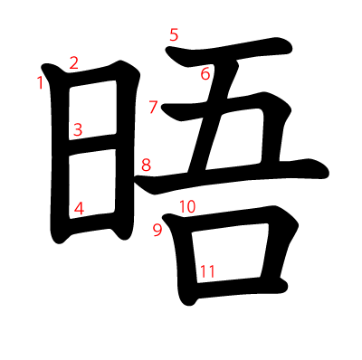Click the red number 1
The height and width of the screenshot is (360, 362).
(40, 83)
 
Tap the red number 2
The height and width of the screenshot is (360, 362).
(73, 62)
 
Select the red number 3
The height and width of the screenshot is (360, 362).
(78, 129)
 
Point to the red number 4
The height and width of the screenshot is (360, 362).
(79, 208)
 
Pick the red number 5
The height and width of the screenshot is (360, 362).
(174, 35)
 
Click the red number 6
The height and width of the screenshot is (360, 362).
(205, 74)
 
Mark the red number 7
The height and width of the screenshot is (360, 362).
(154, 108)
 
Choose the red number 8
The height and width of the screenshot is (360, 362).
(146, 166)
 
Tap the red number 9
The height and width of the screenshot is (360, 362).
(157, 230)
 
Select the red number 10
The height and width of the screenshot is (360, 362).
(187, 206)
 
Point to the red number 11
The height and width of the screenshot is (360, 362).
(207, 270)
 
